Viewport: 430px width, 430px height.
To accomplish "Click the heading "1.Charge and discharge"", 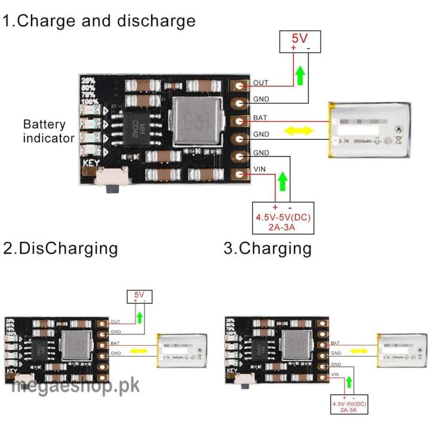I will click(x=99, y=21).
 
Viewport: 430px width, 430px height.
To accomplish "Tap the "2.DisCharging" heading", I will click(x=60, y=248).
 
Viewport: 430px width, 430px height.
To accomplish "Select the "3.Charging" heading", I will click(x=268, y=248).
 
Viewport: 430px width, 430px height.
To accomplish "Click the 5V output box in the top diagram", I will click(x=300, y=42).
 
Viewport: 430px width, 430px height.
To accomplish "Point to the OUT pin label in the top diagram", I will click(x=261, y=83).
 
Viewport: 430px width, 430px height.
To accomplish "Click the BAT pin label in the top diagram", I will click(x=260, y=118).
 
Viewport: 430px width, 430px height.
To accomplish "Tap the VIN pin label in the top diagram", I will click(x=260, y=170).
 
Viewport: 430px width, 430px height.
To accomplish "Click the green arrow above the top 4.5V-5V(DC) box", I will click(x=283, y=180).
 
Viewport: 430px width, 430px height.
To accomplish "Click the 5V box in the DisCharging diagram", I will click(x=140, y=296).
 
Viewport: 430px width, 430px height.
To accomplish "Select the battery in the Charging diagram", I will click(x=401, y=352).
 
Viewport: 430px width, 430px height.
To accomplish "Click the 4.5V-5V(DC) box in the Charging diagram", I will click(x=350, y=407).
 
